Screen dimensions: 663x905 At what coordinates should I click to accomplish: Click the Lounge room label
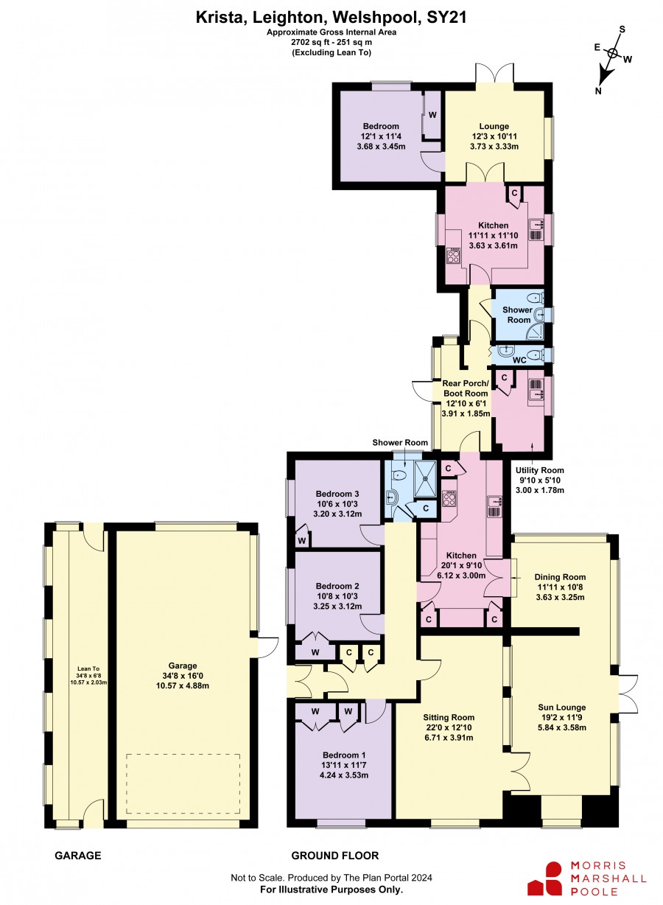pos(494,127)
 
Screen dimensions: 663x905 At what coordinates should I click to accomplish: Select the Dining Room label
pos(560,577)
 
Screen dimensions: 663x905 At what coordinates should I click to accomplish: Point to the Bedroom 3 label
pos(337,494)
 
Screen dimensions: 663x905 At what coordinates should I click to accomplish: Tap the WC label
pos(519,360)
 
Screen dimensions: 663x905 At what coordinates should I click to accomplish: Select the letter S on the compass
pos(622,29)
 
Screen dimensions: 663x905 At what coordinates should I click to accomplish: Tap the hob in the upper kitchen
pos(453,255)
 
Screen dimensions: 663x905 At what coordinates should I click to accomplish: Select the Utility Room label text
pos(540,470)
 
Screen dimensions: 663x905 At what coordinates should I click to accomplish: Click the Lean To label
pos(88,668)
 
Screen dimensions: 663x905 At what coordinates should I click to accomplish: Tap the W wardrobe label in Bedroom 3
pos(302,540)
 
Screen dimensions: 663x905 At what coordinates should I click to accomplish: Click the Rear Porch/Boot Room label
pos(466,388)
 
